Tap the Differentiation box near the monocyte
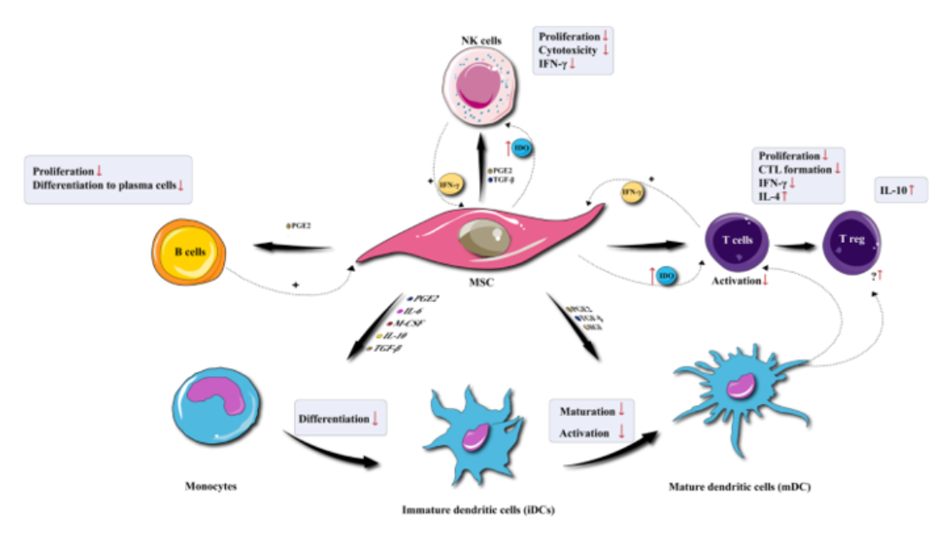[x=340, y=419]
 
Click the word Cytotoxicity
[x=569, y=51]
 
